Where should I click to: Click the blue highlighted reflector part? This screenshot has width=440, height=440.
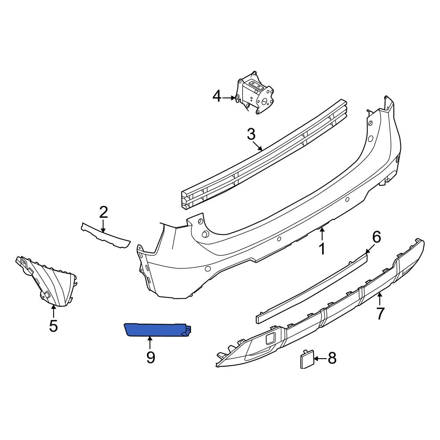tap(156, 329)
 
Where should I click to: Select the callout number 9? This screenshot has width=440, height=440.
tap(150, 357)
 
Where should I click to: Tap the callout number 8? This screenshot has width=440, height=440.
tap(331, 359)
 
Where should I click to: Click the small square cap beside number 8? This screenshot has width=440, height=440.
tap(306, 359)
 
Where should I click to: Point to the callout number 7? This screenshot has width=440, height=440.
tap(380, 313)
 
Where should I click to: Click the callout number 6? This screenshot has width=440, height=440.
tap(377, 238)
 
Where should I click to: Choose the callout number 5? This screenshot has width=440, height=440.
tap(53, 326)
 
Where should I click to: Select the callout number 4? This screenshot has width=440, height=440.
tap(217, 96)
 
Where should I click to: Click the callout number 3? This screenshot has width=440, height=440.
tap(251, 135)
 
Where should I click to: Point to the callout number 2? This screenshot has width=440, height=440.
tap(103, 213)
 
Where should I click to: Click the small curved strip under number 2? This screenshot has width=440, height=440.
tap(106, 235)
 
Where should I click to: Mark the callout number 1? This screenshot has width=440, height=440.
tap(322, 249)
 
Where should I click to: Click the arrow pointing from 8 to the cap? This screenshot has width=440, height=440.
tap(320, 359)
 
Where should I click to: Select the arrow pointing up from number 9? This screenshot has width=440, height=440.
tap(150, 343)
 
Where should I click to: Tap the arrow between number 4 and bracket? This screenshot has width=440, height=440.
tap(229, 97)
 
